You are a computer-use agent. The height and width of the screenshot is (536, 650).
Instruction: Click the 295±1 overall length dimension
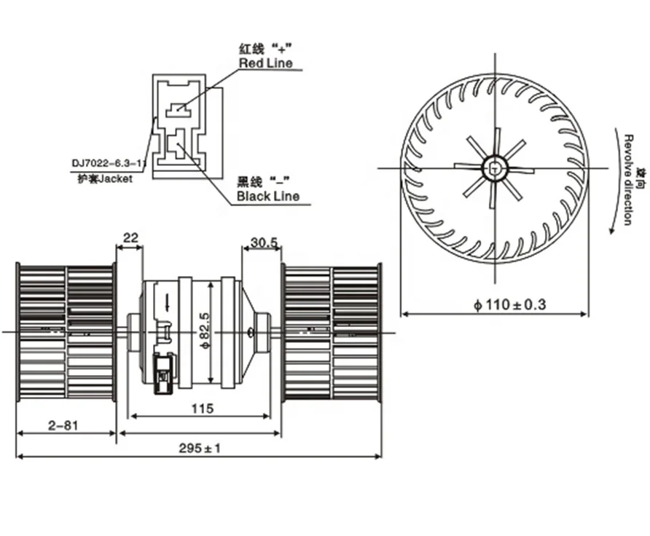200,448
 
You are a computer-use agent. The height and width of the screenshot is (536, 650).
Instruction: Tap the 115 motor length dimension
203,409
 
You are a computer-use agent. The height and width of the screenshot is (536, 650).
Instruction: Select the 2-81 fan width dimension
63,425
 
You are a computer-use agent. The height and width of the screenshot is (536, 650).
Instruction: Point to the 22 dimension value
130,237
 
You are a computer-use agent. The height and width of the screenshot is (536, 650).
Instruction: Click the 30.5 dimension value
265,243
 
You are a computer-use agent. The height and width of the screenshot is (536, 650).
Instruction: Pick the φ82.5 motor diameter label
204,331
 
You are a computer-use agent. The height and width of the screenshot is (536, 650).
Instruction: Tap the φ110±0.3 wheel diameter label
509,304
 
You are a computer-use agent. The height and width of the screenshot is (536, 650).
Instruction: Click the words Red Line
266,63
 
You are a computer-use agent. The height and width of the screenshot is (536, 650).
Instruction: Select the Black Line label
267,196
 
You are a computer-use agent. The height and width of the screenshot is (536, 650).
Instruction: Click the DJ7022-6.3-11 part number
109,163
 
